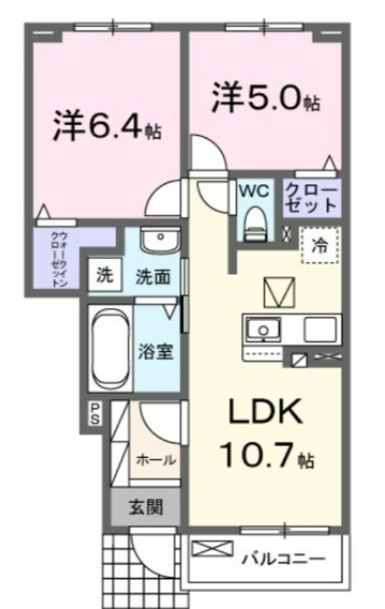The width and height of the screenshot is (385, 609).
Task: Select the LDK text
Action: [x=265, y=412]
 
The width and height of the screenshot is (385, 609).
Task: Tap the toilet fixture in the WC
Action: [x=255, y=223]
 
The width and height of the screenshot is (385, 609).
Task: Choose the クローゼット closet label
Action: [x=311, y=197]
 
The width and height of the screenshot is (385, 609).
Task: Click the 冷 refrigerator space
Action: [x=321, y=246]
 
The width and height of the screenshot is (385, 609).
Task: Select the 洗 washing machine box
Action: [x=105, y=274]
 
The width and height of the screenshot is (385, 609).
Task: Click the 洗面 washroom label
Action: [x=153, y=277]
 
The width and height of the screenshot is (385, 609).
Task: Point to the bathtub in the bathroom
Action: [x=110, y=349]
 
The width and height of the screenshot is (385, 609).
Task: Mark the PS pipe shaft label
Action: [x=95, y=413]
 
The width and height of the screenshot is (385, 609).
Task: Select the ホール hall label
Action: [x=156, y=460]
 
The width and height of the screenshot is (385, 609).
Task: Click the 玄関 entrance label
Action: [x=146, y=507]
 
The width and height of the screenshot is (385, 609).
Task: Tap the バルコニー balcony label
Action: [x=284, y=559]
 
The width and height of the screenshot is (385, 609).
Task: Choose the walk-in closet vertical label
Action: [x=60, y=260]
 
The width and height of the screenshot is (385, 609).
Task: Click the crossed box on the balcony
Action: [x=213, y=548]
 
